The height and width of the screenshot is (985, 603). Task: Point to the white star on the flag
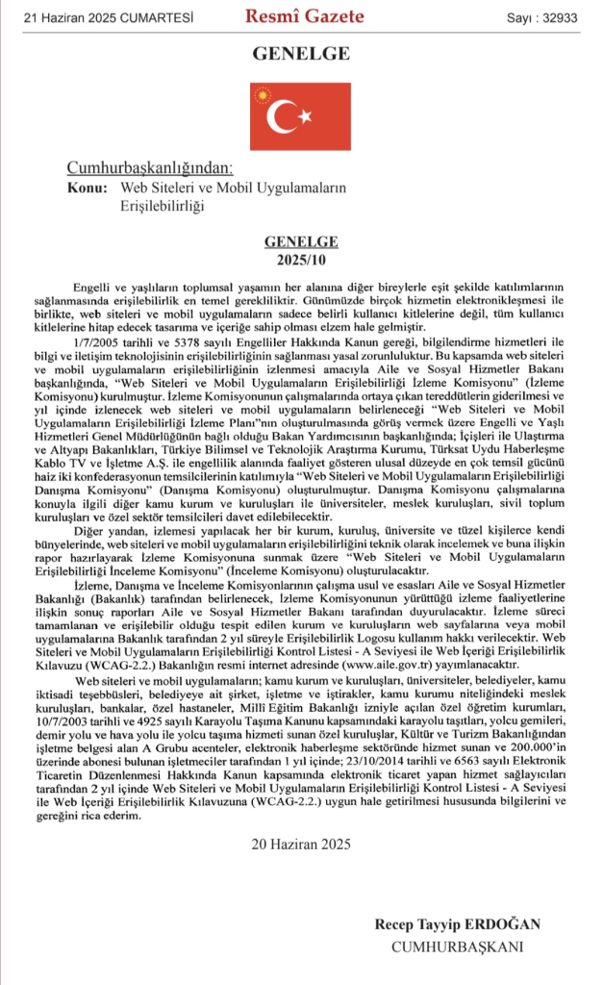pyautogui.click(x=307, y=116)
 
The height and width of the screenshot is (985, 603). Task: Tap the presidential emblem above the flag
pyautogui.click(x=263, y=93)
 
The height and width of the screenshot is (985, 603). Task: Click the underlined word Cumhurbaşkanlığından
pyautogui.click(x=149, y=168)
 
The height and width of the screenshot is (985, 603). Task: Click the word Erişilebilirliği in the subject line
pyautogui.click(x=163, y=204)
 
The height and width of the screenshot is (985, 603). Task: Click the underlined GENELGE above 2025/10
pyautogui.click(x=300, y=242)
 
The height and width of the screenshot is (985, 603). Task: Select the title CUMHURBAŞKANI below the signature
pyautogui.click(x=457, y=947)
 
